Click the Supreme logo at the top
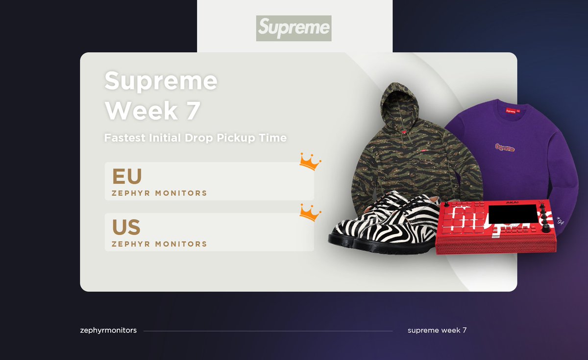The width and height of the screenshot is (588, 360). tap(294, 28)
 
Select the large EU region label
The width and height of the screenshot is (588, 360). tap(126, 176)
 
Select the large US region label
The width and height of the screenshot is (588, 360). tap(126, 227)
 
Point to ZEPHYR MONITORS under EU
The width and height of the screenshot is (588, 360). tap(159, 193)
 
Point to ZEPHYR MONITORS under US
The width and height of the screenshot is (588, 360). tap(159, 244)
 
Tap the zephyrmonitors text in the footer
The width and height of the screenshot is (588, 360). tap(108, 330)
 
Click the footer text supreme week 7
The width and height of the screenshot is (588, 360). tap(437, 330)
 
